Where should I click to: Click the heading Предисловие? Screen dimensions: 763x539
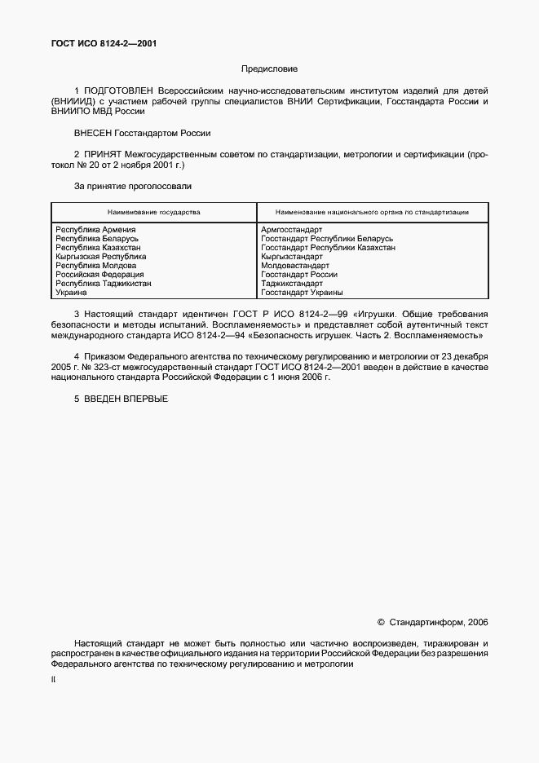click(269, 70)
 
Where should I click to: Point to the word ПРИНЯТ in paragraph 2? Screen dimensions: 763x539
click(104, 153)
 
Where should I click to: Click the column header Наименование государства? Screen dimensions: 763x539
click(153, 212)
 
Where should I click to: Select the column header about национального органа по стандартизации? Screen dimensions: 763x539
click(372, 212)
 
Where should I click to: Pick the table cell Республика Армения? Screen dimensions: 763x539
click(95, 230)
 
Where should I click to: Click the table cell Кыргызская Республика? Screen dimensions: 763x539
click(101, 257)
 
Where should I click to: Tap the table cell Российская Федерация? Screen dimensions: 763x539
click(99, 275)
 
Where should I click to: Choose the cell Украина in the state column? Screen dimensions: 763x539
click(71, 293)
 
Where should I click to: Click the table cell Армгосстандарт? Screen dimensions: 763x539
click(292, 230)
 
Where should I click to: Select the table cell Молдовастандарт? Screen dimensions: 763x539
click(295, 266)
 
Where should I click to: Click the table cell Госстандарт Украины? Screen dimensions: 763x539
click(302, 293)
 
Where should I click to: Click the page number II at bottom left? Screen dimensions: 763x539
click(54, 679)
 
